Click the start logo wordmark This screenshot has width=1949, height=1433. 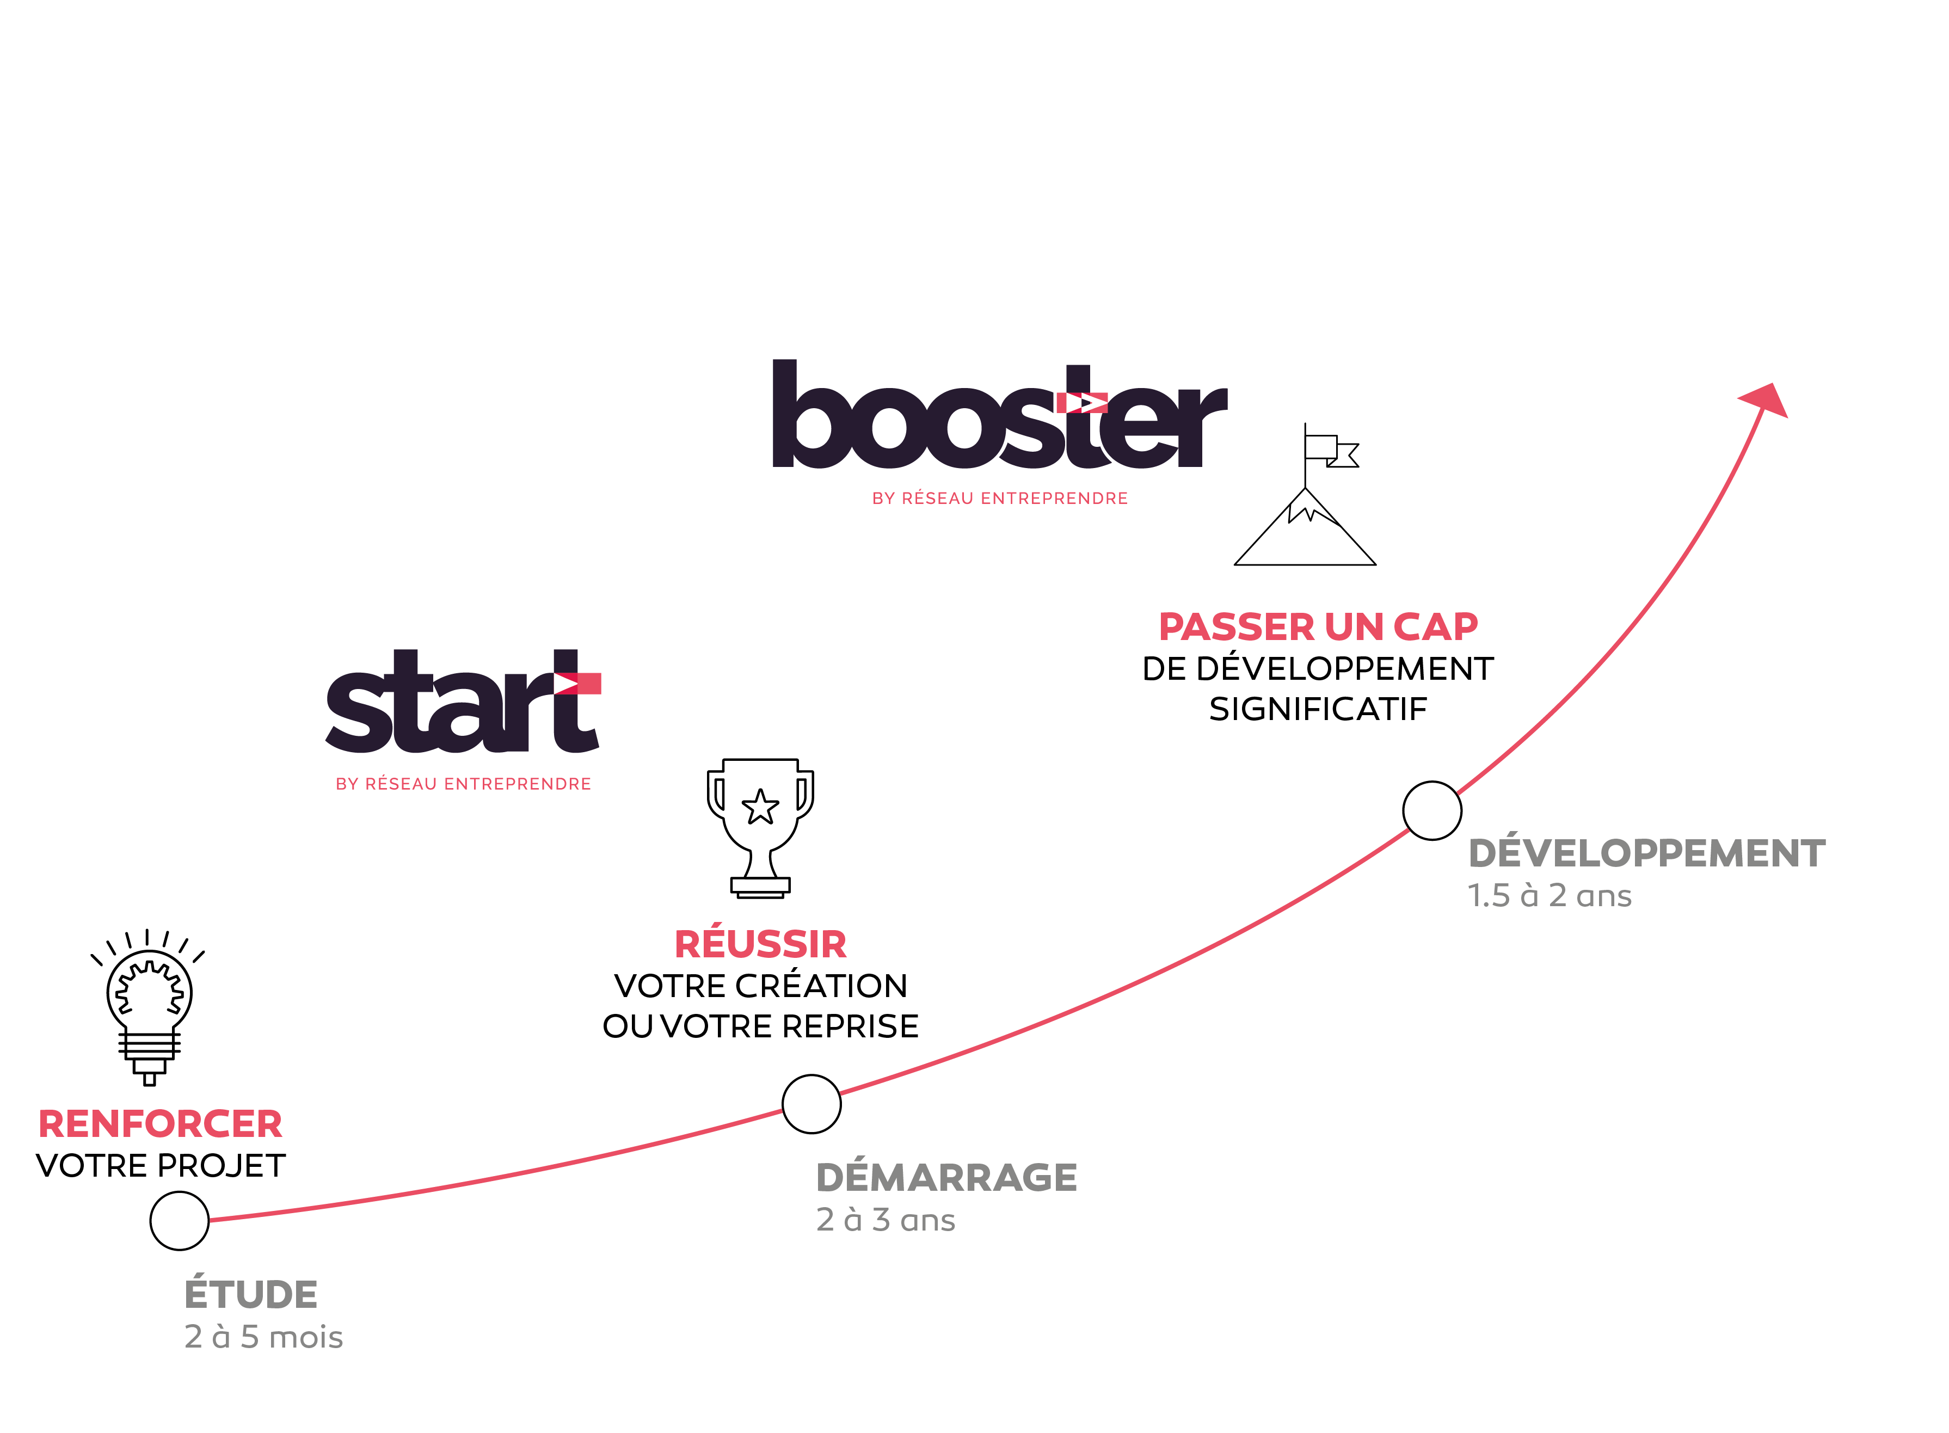(462, 703)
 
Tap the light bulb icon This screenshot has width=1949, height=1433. (149, 1006)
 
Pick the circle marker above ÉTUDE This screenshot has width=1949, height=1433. (180, 1221)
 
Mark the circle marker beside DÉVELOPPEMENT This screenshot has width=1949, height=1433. (1431, 810)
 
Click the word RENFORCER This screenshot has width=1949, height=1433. (161, 1124)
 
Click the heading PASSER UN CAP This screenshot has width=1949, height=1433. (1318, 627)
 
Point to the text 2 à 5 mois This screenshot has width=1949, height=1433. (263, 1337)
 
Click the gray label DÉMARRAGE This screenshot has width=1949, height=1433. (946, 1178)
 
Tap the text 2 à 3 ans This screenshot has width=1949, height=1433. (886, 1220)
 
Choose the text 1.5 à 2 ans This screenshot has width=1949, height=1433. (1549, 895)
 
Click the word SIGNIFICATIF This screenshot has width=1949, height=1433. (1318, 710)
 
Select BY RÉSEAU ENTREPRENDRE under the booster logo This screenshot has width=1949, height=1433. (999, 499)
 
